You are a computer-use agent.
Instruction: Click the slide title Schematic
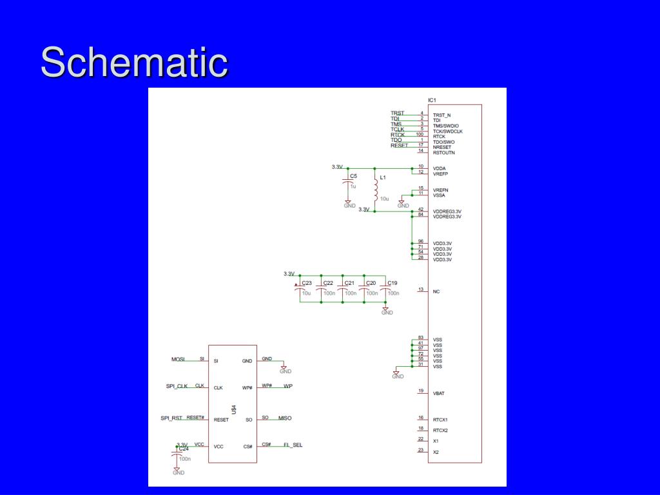(134, 63)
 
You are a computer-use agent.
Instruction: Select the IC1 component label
(432, 100)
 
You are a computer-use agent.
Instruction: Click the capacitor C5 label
(353, 176)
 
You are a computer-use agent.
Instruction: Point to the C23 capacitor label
(307, 283)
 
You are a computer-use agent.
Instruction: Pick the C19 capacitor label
(393, 283)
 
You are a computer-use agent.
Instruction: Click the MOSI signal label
(178, 358)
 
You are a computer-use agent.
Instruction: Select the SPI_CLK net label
(177, 386)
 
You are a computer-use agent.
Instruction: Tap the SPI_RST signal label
(171, 418)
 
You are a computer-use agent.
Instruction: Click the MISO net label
(284, 418)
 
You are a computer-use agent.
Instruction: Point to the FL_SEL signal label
(293, 445)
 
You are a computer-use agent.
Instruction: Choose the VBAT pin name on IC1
(439, 393)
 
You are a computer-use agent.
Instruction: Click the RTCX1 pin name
(440, 420)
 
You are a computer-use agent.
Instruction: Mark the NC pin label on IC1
(436, 291)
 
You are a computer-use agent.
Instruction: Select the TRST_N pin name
(442, 115)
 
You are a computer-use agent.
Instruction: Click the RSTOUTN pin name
(443, 153)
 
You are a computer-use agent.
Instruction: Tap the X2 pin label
(436, 452)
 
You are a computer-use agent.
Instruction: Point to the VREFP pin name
(441, 173)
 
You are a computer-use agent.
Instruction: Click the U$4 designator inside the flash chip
(233, 411)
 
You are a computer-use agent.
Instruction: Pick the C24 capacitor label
(184, 449)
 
